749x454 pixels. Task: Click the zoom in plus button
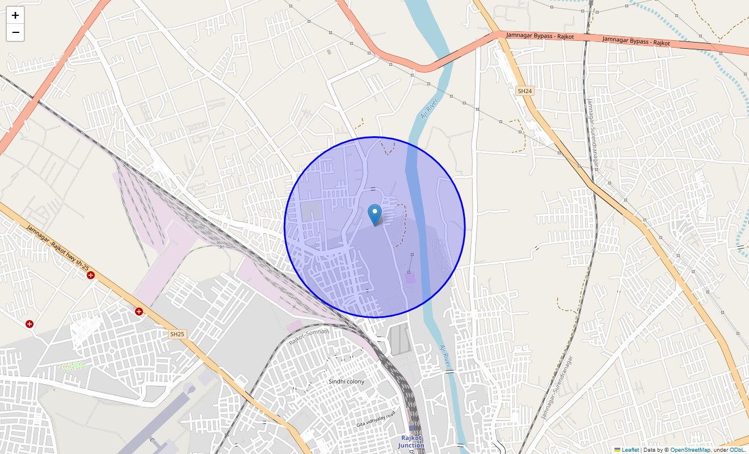[x=15, y=15]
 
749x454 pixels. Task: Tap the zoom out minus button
[x=15, y=33]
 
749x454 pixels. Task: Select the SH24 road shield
[x=524, y=91]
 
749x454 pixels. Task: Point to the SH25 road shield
[x=178, y=334]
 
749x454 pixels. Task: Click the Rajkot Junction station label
[x=411, y=442]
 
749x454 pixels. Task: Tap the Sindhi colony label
[x=346, y=381]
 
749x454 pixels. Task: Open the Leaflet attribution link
[x=630, y=450]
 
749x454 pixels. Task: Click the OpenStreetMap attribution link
[x=690, y=450]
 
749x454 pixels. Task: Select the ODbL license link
[x=737, y=450]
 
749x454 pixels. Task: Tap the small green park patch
[x=73, y=366]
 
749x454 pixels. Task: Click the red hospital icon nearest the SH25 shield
[x=139, y=311]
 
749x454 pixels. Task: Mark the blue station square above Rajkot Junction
[x=412, y=428]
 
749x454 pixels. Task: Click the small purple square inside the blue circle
[x=410, y=278]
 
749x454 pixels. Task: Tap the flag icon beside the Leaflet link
[x=617, y=450]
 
